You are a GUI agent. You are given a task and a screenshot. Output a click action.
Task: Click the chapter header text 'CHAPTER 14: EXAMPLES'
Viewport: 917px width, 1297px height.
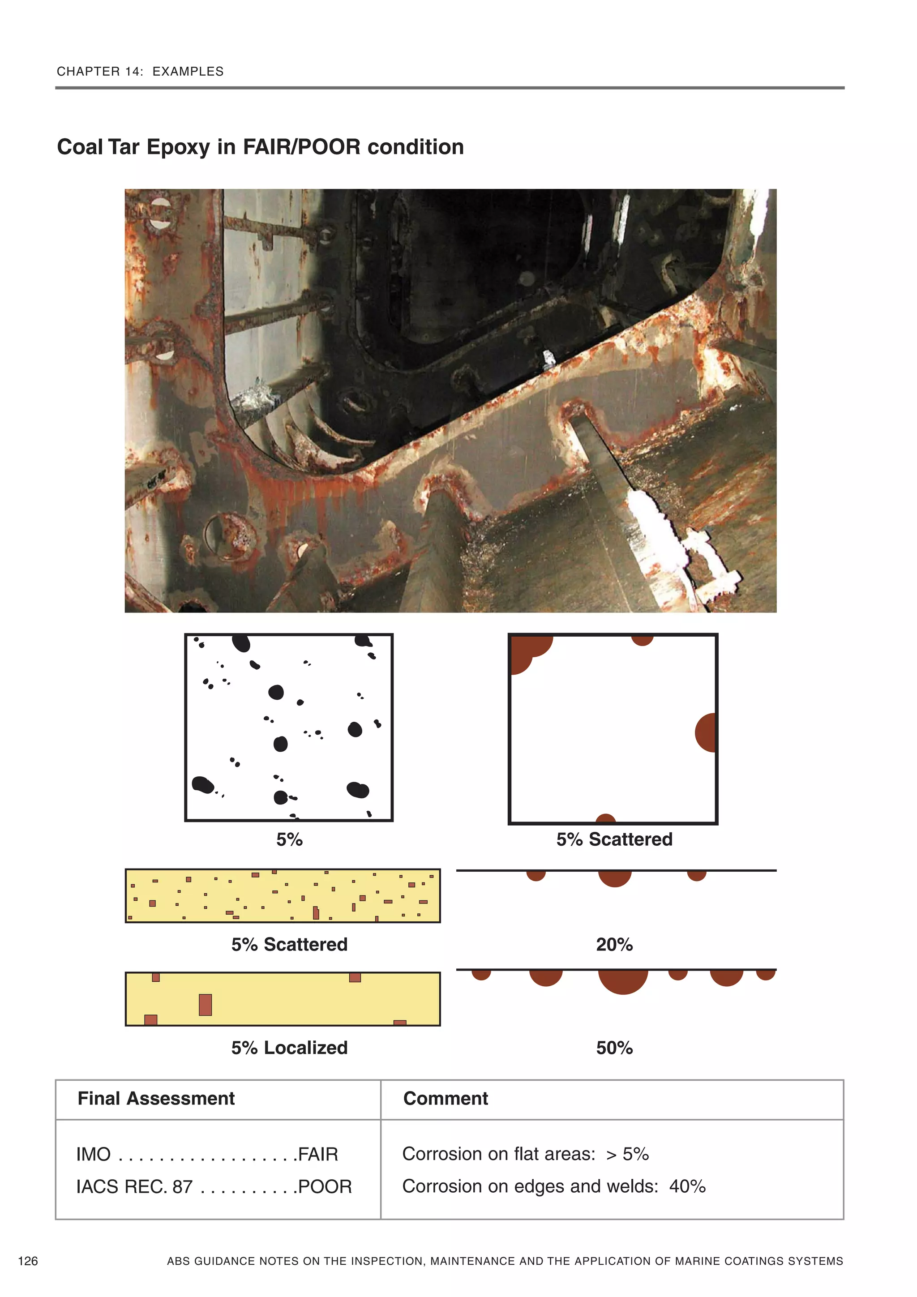click(140, 71)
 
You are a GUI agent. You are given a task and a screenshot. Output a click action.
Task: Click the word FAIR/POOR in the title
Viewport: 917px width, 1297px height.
click(301, 147)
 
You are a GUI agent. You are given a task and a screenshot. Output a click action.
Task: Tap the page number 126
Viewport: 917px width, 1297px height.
click(28, 1261)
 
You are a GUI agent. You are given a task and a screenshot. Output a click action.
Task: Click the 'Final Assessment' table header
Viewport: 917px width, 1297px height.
click(156, 1098)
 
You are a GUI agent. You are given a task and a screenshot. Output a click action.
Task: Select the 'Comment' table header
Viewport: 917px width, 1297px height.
click(445, 1098)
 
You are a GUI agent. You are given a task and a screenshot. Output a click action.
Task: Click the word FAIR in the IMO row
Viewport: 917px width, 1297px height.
click(318, 1154)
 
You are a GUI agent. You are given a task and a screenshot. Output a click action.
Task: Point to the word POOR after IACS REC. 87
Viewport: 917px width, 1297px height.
click(325, 1187)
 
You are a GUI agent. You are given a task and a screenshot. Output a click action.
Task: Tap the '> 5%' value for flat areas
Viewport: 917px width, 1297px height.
click(627, 1154)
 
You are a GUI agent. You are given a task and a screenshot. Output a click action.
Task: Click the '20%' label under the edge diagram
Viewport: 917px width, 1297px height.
click(614, 945)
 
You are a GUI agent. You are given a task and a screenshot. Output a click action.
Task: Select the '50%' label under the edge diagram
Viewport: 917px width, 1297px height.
click(614, 1048)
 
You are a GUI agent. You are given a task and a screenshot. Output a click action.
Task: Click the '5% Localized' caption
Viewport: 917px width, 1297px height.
click(289, 1048)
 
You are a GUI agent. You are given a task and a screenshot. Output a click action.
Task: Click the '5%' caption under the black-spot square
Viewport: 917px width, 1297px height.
click(289, 839)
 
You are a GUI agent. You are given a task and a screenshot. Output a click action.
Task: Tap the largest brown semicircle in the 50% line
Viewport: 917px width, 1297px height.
click(623, 981)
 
